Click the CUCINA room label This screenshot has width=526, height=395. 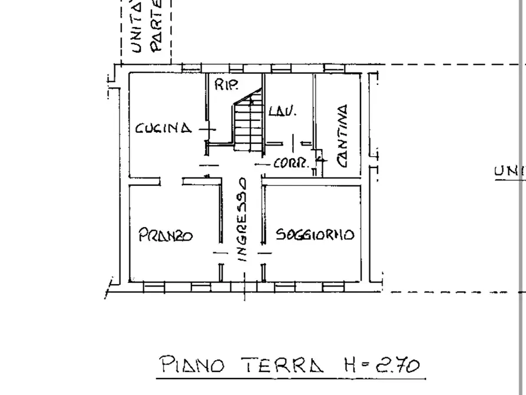(163, 128)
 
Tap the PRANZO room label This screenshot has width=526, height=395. (166, 235)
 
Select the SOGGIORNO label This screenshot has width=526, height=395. (315, 235)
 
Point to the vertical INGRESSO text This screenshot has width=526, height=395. (242, 219)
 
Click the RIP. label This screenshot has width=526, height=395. (226, 85)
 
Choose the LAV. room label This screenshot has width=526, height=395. (282, 111)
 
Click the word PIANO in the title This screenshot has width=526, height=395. (192, 366)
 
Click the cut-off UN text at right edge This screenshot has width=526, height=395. (510, 172)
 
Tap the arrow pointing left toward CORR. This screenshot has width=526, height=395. (262, 164)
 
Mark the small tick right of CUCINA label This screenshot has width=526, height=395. (207, 129)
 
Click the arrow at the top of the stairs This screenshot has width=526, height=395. (252, 101)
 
